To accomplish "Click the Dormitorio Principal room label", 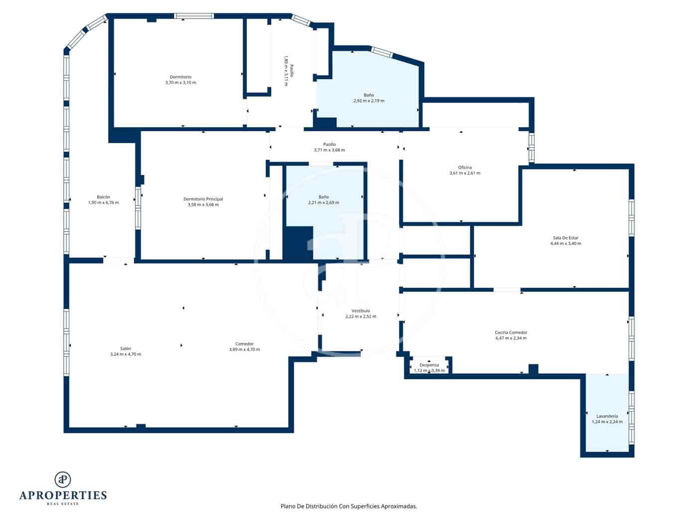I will pos(203,199).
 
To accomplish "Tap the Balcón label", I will pos(103,197).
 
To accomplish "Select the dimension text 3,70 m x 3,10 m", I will pos(180,83).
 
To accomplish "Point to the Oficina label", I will pos(465,168).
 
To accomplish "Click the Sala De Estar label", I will pos(565,238).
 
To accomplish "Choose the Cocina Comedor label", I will pos(511,332).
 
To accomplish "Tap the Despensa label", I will pos(429,365).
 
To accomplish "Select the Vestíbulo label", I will pos(360,310).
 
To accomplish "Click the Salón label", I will pos(125,348).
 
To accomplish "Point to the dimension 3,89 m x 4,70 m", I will pos(244,349).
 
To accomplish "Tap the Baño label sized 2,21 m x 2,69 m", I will pos(324,197).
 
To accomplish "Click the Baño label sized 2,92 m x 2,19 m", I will pos(368,95).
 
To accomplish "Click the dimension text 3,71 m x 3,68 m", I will pos(329,150).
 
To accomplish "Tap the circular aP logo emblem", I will pos(63,479).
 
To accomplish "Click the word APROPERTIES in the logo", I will pos(63,495).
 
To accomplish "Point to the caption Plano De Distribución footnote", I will pos(349,506).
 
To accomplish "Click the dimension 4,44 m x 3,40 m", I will pos(565,244).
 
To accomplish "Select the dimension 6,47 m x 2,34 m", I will pos(511,338).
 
